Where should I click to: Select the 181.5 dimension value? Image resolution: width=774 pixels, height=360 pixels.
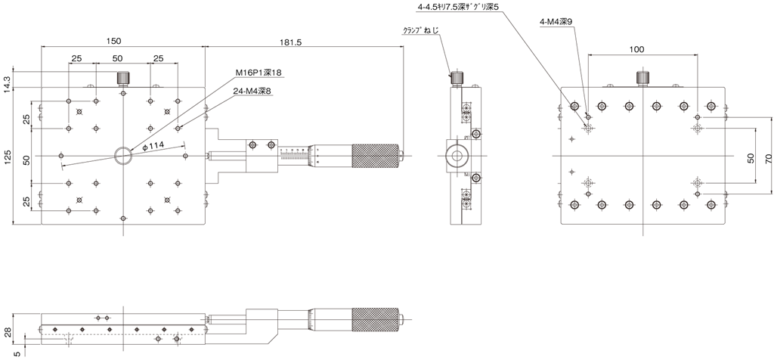[290, 42]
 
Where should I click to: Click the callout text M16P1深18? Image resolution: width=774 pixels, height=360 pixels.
[258, 73]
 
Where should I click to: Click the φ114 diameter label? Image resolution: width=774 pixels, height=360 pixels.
[153, 146]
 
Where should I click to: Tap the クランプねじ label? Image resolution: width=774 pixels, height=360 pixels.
[421, 30]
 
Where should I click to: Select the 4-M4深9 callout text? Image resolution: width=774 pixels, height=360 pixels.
[556, 22]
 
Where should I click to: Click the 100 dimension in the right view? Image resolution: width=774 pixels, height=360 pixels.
[636, 49]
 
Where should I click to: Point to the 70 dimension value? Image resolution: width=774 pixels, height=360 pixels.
[768, 159]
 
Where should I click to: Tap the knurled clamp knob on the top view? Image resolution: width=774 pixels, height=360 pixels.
[123, 78]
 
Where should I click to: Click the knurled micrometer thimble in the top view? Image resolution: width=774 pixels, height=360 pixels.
[375, 156]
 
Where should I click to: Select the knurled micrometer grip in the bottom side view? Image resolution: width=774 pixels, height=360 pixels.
[375, 320]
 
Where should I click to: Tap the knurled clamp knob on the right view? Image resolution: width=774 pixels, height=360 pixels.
[642, 78]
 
